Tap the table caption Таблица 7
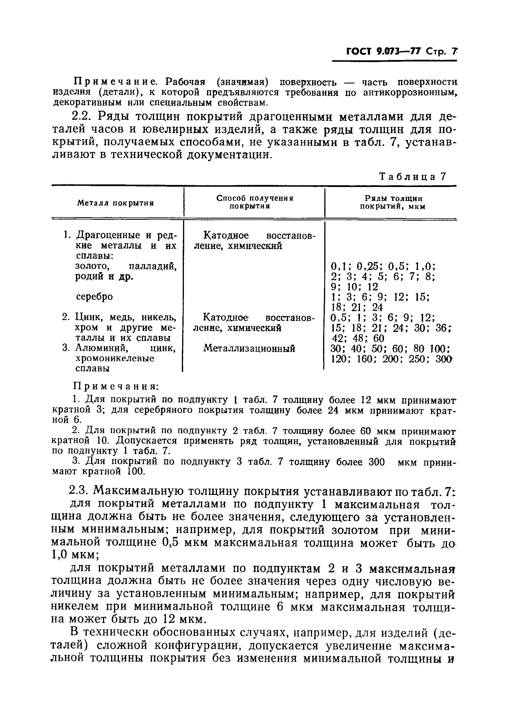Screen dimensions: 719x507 click(412, 177)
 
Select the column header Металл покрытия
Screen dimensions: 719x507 click(116, 203)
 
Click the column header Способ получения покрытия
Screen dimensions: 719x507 click(255, 202)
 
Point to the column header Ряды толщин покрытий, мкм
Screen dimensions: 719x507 click(393, 202)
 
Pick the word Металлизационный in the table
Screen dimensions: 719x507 click(249, 348)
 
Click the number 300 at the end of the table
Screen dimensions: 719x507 click(444, 359)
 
